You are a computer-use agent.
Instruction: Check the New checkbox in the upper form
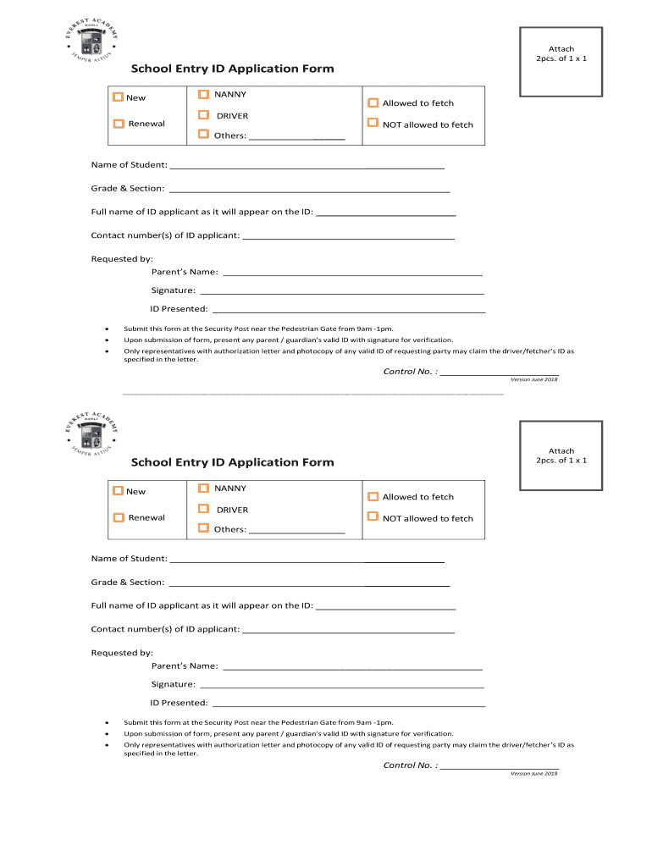[119, 97]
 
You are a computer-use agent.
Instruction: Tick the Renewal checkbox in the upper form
[119, 124]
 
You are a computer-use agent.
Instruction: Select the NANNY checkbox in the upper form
[203, 94]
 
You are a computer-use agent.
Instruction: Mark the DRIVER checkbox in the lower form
[203, 510]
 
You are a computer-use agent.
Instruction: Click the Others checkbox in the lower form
[203, 528]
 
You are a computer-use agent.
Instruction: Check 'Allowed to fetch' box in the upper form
[373, 102]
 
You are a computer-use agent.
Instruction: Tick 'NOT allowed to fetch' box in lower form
[373, 517]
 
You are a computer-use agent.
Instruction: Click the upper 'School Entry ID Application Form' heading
[232, 69]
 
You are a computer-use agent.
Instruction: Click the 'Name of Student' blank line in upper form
[307, 168]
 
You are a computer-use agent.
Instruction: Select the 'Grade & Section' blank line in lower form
[309, 586]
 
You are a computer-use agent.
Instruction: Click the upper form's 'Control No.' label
[411, 372]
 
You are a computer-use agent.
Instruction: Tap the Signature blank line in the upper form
[341, 294]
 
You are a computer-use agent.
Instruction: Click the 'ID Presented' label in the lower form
[179, 703]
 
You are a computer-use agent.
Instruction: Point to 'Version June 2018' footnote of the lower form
[533, 774]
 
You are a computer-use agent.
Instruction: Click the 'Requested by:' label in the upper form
[122, 259]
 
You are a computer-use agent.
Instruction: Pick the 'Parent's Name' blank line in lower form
[351, 670]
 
